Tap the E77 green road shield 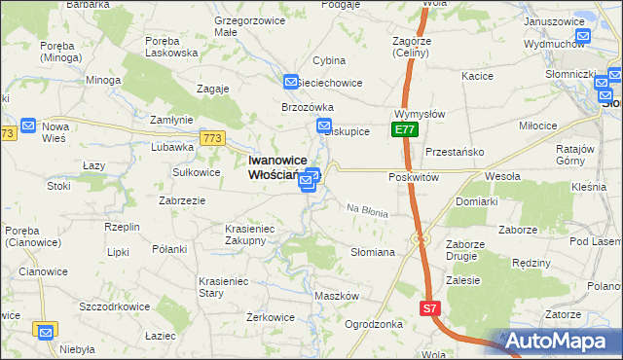(x=405, y=129)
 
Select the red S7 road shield (x=430, y=308)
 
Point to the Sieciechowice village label (x=329, y=83)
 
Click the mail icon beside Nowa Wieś (x=28, y=126)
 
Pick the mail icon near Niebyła (x=45, y=332)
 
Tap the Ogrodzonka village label (x=374, y=324)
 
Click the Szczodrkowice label (x=115, y=306)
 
